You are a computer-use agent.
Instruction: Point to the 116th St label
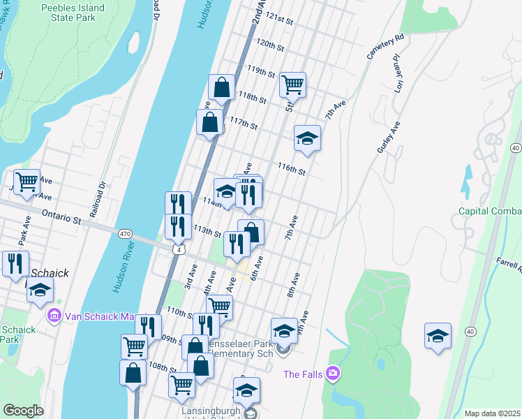click(x=292, y=168)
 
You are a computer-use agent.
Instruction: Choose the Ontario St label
click(x=62, y=217)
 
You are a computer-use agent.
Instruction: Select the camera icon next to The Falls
click(x=331, y=374)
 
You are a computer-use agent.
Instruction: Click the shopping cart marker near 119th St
click(x=292, y=85)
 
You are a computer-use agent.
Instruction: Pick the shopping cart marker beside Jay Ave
click(x=27, y=182)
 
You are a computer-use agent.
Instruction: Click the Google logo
click(x=23, y=411)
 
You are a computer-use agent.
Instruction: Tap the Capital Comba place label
click(x=489, y=211)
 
